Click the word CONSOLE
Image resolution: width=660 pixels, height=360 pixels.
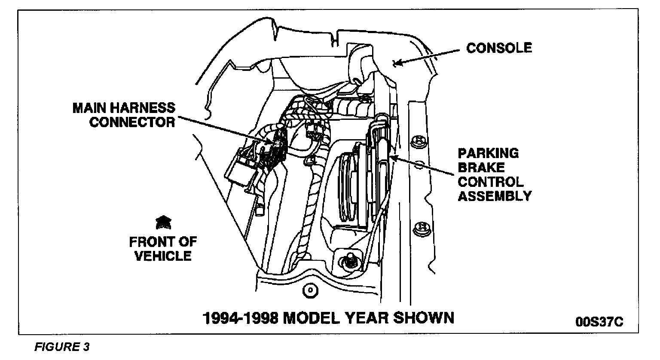pos(499,48)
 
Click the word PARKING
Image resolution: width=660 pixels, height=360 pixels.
pos(488,153)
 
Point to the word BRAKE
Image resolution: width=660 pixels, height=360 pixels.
pos(480,168)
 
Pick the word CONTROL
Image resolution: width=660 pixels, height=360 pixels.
pos(491,182)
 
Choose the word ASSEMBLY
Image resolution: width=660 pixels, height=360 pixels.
pos(495,196)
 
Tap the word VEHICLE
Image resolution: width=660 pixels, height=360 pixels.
pos(163,256)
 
